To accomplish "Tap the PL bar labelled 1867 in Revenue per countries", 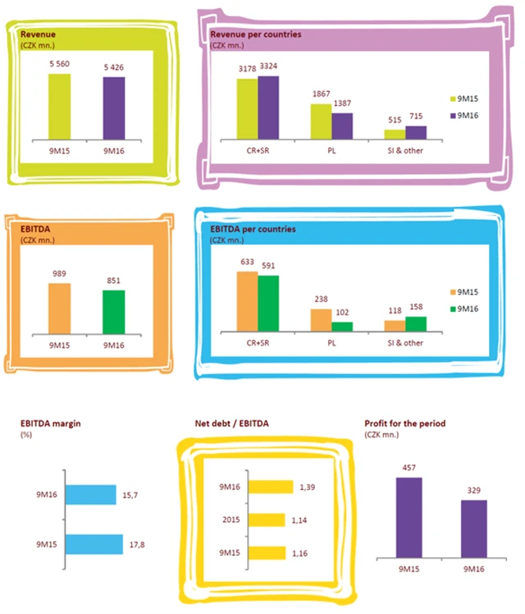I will click(320, 121).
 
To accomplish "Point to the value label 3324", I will click(268, 66).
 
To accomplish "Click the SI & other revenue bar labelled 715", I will click(416, 132).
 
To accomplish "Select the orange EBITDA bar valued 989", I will click(60, 309).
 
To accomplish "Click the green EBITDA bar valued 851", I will click(115, 312).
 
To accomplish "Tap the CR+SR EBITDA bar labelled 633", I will click(247, 300).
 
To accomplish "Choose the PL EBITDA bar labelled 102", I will click(342, 326).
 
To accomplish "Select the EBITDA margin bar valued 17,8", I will click(93, 544).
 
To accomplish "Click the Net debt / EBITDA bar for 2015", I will click(266, 519).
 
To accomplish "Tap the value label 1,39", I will click(304, 488).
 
